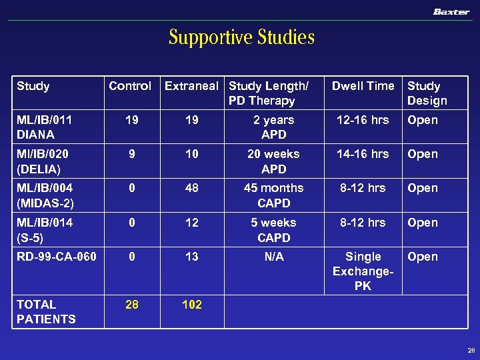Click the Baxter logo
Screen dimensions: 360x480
point(451,12)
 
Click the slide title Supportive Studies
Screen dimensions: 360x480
point(241,37)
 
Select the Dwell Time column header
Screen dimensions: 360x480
point(363,86)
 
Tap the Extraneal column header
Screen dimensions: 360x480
point(191,86)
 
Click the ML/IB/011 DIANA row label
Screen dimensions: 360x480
point(44,127)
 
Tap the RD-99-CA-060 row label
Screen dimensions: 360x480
point(56,257)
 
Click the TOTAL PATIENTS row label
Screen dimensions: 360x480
point(46,311)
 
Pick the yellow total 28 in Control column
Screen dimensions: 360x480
point(132,304)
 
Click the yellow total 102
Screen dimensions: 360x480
point(191,304)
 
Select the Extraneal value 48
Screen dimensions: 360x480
point(191,188)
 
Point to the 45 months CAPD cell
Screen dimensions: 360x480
point(273,195)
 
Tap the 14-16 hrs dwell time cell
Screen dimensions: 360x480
point(363,154)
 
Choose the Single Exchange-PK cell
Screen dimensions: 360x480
point(363,271)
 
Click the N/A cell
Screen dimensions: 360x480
point(273,257)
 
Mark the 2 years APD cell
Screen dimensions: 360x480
point(273,127)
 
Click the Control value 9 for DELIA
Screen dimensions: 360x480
point(132,154)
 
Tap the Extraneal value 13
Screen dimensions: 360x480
point(191,257)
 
